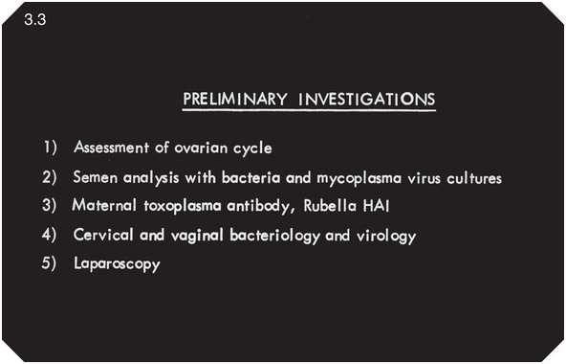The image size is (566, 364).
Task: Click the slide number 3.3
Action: click(35, 19)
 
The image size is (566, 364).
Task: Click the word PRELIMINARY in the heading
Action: click(235, 99)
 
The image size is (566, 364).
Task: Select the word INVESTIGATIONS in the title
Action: click(367, 99)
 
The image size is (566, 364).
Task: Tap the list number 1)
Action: click(50, 148)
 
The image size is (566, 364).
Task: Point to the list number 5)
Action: click(49, 263)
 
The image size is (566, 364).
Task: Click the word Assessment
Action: click(111, 148)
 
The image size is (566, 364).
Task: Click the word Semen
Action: click(96, 177)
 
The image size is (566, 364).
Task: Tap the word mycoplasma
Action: click(359, 178)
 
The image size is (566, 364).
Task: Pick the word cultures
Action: click(474, 177)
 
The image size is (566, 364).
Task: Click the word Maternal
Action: click(104, 206)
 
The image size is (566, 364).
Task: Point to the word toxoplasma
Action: click(183, 207)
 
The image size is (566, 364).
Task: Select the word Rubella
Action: click(330, 206)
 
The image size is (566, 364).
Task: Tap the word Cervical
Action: click(103, 235)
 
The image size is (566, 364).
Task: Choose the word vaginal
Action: click(197, 236)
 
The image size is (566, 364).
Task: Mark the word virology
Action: click(386, 236)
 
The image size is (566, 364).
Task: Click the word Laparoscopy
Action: click(117, 264)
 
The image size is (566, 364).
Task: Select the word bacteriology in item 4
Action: click(274, 236)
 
